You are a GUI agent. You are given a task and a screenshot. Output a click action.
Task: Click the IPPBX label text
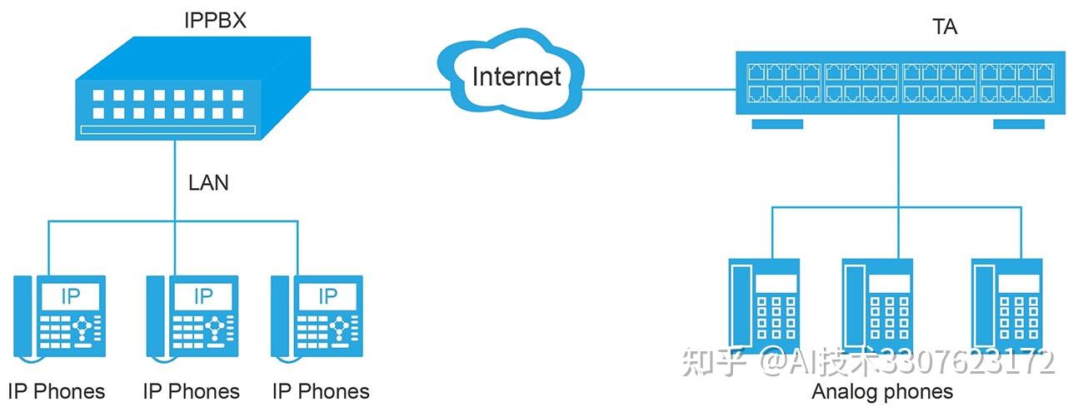[215, 20]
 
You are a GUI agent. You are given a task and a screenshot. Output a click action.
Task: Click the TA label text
[945, 27]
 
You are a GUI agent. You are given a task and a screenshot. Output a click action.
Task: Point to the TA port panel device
[898, 83]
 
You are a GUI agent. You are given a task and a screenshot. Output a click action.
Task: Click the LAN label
[208, 182]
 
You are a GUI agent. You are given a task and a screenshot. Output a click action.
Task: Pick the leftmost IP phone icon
[57, 312]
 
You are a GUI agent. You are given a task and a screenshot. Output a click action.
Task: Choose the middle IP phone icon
[192, 312]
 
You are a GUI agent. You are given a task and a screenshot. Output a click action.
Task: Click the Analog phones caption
[882, 390]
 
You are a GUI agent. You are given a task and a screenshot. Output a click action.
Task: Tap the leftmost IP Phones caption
[57, 391]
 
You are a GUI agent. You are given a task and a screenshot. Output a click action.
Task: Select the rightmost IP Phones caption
[321, 391]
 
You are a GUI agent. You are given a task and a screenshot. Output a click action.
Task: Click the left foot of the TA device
[777, 124]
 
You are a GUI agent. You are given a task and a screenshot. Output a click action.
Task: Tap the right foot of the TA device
[1019, 124]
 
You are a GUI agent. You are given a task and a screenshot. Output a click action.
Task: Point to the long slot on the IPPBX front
[167, 131]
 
